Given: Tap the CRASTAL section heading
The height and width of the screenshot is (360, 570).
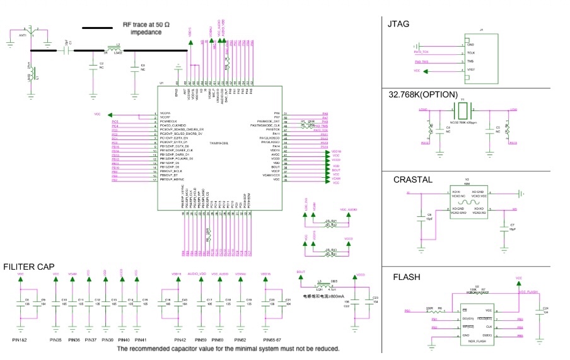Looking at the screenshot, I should click(413, 180).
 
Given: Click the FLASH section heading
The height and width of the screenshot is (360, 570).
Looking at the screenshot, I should click(407, 277).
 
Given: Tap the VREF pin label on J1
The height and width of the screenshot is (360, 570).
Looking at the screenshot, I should click(470, 69).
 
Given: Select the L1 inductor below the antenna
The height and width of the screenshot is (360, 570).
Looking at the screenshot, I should click(30, 76).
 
